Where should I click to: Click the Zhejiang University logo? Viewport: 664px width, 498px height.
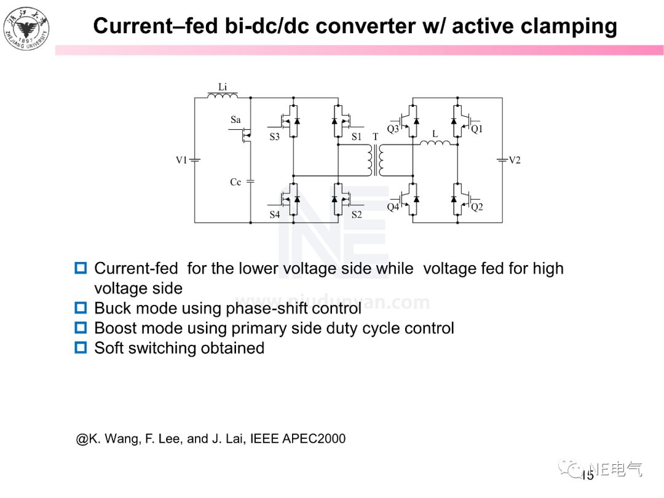(x=26, y=28)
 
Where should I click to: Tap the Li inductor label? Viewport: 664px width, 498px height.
(x=223, y=88)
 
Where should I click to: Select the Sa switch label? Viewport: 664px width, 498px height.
(x=235, y=120)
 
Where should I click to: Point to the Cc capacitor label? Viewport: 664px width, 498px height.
(x=235, y=183)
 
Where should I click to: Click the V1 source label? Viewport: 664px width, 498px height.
(x=181, y=160)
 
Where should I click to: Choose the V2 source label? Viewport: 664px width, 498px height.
(x=515, y=160)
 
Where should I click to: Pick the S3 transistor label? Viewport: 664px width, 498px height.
(x=274, y=137)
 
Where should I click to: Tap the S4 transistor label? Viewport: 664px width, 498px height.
(x=274, y=215)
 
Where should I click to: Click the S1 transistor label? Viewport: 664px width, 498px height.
(x=357, y=137)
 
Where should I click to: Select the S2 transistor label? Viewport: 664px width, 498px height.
(x=357, y=215)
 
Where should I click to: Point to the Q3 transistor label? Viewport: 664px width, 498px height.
(x=393, y=129)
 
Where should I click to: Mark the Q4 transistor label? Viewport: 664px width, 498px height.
(x=393, y=207)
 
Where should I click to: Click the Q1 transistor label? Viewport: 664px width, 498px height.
(x=477, y=129)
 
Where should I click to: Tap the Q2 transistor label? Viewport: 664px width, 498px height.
(x=477, y=207)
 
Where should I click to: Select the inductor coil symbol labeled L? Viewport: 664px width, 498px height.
(x=435, y=144)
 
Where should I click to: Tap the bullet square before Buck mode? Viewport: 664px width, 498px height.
(x=81, y=307)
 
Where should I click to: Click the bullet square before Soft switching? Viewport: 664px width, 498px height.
(x=81, y=348)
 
